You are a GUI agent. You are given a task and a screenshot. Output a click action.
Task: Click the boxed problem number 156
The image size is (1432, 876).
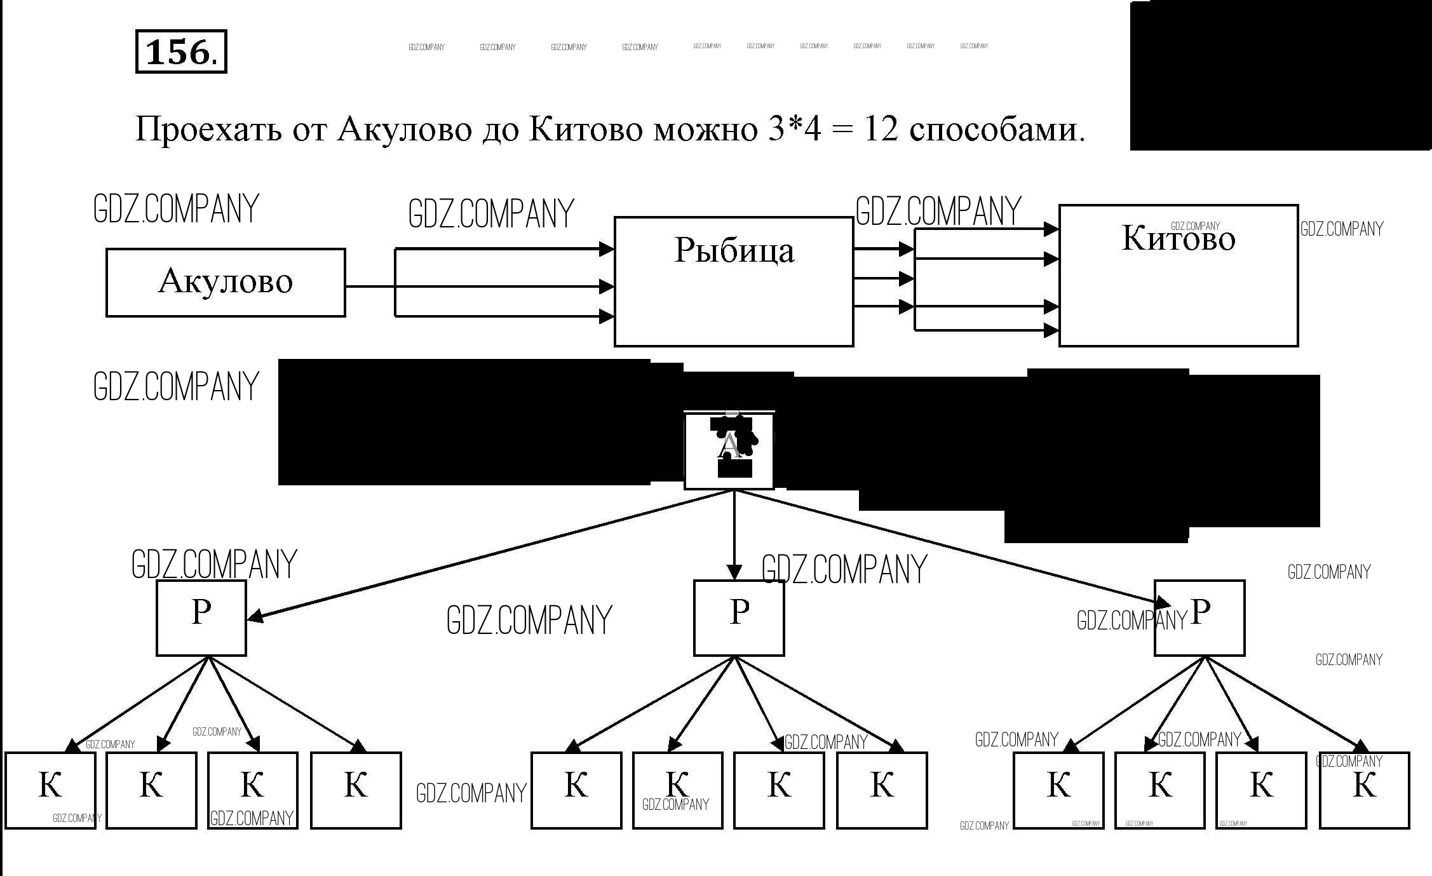[180, 51]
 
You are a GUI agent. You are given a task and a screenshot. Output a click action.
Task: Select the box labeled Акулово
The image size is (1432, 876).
[226, 282]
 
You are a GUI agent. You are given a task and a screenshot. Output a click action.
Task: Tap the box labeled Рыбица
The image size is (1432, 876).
[733, 281]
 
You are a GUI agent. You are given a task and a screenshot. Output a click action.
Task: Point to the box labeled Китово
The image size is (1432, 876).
[1178, 275]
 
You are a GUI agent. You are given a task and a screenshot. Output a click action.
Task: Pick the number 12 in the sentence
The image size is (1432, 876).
[880, 130]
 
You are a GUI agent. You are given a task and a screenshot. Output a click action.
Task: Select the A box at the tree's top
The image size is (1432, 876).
[729, 450]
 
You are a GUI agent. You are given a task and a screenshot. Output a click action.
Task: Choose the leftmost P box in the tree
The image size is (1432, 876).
[201, 617]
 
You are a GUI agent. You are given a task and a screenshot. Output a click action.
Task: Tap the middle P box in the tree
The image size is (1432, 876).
[738, 617]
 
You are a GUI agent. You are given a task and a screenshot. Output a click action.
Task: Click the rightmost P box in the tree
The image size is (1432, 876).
[1199, 617]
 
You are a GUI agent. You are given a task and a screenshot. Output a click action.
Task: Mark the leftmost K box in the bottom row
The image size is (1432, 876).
[50, 790]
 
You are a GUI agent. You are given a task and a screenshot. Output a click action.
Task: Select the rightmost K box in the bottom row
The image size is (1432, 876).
[1364, 790]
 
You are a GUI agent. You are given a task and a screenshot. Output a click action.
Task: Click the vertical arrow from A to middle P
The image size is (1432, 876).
[734, 534]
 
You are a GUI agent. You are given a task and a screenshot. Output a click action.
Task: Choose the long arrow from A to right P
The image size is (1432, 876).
[953, 546]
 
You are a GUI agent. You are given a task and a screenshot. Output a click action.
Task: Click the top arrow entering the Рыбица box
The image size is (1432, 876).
[502, 249]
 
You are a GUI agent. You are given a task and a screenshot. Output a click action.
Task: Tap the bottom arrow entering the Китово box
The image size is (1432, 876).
[985, 330]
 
